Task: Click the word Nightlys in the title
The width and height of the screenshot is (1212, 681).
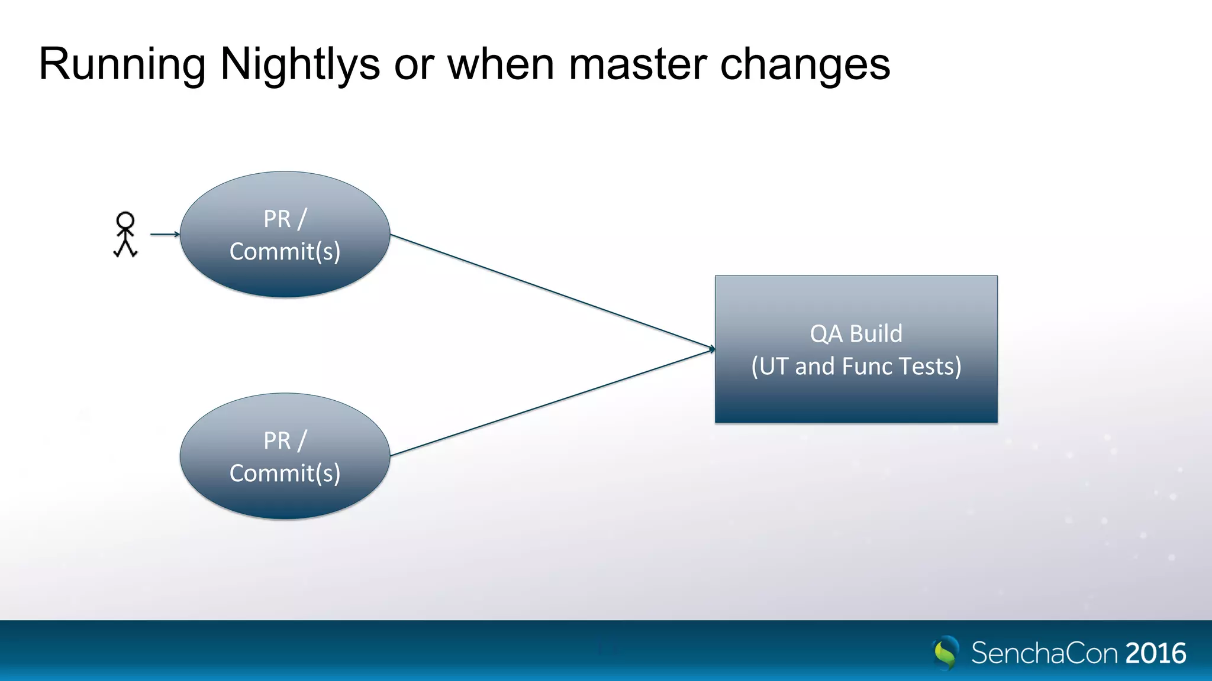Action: click(x=299, y=64)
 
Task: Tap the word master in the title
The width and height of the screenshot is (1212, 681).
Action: click(x=637, y=64)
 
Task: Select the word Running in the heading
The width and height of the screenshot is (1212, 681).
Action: click(x=122, y=64)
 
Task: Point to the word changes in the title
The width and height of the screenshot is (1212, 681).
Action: click(x=805, y=64)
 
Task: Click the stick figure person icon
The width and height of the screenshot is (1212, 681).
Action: click(x=125, y=235)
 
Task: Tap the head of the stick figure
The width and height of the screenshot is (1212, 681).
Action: click(x=125, y=220)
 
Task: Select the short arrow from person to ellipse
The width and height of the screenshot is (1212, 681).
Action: click(x=165, y=234)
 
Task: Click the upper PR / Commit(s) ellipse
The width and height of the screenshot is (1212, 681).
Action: click(x=285, y=272)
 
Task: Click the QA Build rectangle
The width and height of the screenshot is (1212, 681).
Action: click(x=856, y=396)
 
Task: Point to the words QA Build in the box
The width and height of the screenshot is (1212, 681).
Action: click(x=856, y=334)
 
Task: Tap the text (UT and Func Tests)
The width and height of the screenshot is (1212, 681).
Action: click(x=856, y=367)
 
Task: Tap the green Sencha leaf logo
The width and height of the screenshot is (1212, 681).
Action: click(x=946, y=653)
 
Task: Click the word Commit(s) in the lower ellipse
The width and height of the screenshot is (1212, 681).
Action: click(x=285, y=474)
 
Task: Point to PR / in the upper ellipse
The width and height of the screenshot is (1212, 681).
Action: click(x=285, y=219)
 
